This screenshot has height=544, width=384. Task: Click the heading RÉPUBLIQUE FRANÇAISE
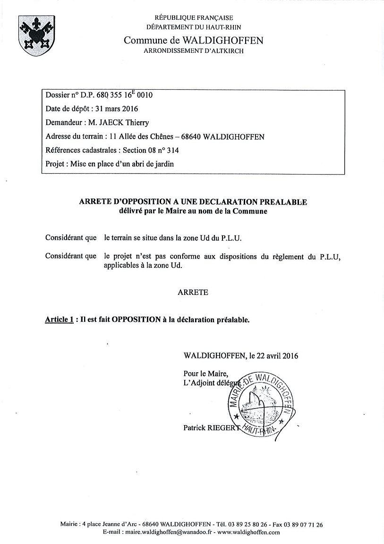click(194, 18)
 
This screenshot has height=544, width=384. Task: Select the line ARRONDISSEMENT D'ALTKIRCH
click(194, 51)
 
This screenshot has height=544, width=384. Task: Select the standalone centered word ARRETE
click(193, 292)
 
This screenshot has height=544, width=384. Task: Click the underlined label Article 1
click(59, 319)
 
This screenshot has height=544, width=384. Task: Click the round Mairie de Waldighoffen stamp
click(262, 401)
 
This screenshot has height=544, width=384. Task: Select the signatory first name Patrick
click(195, 428)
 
